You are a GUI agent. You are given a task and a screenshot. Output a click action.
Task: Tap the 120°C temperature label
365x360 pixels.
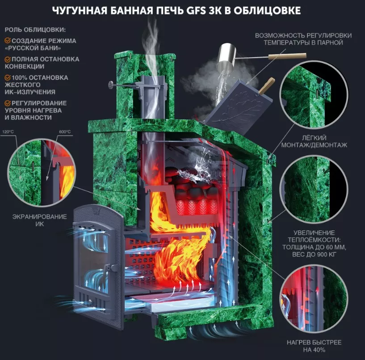pyautogui.click(x=8, y=132)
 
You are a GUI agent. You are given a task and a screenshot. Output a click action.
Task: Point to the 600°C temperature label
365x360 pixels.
pyautogui.click(x=65, y=132)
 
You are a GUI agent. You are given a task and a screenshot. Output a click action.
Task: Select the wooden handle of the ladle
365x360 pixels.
pyautogui.click(x=287, y=56)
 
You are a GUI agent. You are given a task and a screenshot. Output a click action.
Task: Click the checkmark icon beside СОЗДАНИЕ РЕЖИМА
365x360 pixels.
pyautogui.click(x=8, y=41)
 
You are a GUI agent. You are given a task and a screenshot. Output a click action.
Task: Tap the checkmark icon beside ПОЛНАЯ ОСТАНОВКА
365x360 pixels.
pyautogui.click(x=8, y=59)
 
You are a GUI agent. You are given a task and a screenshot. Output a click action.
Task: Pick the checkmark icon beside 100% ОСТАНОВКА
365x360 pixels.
pyautogui.click(x=8, y=77)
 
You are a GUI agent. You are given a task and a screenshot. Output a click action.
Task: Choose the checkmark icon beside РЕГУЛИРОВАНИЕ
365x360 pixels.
pyautogui.click(x=8, y=103)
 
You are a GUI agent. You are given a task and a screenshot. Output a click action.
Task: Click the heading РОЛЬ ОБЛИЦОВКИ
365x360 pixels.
pyautogui.click(x=35, y=30)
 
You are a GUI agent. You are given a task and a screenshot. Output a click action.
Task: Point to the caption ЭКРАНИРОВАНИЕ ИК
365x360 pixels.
pyautogui.click(x=40, y=220)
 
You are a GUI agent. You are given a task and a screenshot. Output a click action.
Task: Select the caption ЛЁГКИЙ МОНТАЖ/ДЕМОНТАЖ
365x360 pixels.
pyautogui.click(x=314, y=141)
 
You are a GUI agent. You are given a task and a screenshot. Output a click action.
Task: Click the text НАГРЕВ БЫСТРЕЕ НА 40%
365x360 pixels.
pyautogui.click(x=314, y=346)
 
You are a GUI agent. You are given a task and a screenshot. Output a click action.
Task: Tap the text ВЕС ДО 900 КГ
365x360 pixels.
pyautogui.click(x=314, y=254)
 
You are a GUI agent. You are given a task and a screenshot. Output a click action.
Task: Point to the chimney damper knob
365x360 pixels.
pyautogui.click(x=110, y=85)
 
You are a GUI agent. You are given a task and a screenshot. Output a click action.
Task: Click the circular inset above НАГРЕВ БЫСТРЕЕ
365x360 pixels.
pyautogui.click(x=314, y=299)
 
